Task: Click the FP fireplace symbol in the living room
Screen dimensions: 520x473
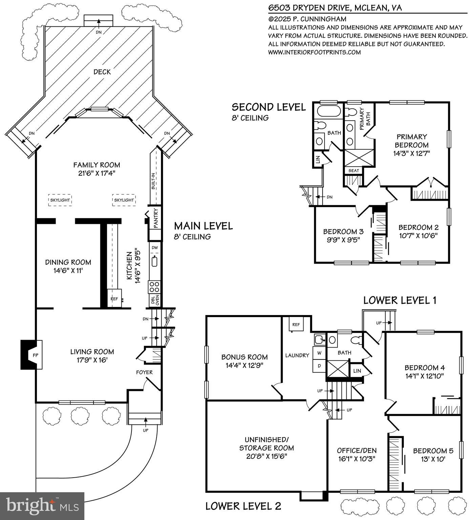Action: (35, 355)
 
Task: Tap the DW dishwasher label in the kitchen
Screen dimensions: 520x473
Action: (155, 248)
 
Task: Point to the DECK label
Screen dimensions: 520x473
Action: (102, 72)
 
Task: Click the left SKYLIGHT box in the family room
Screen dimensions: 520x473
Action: (60, 200)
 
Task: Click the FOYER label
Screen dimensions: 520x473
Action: (144, 372)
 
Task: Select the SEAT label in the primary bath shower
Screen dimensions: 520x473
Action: (353, 170)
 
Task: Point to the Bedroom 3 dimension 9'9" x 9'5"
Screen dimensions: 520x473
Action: (343, 240)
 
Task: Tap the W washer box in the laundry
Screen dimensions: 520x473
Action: (319, 353)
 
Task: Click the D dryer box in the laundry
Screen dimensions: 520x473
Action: (319, 366)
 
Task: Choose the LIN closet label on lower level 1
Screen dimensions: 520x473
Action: (357, 371)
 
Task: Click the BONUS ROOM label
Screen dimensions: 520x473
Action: (244, 357)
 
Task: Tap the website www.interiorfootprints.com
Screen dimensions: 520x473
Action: (314, 52)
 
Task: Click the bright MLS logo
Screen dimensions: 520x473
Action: (42, 506)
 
